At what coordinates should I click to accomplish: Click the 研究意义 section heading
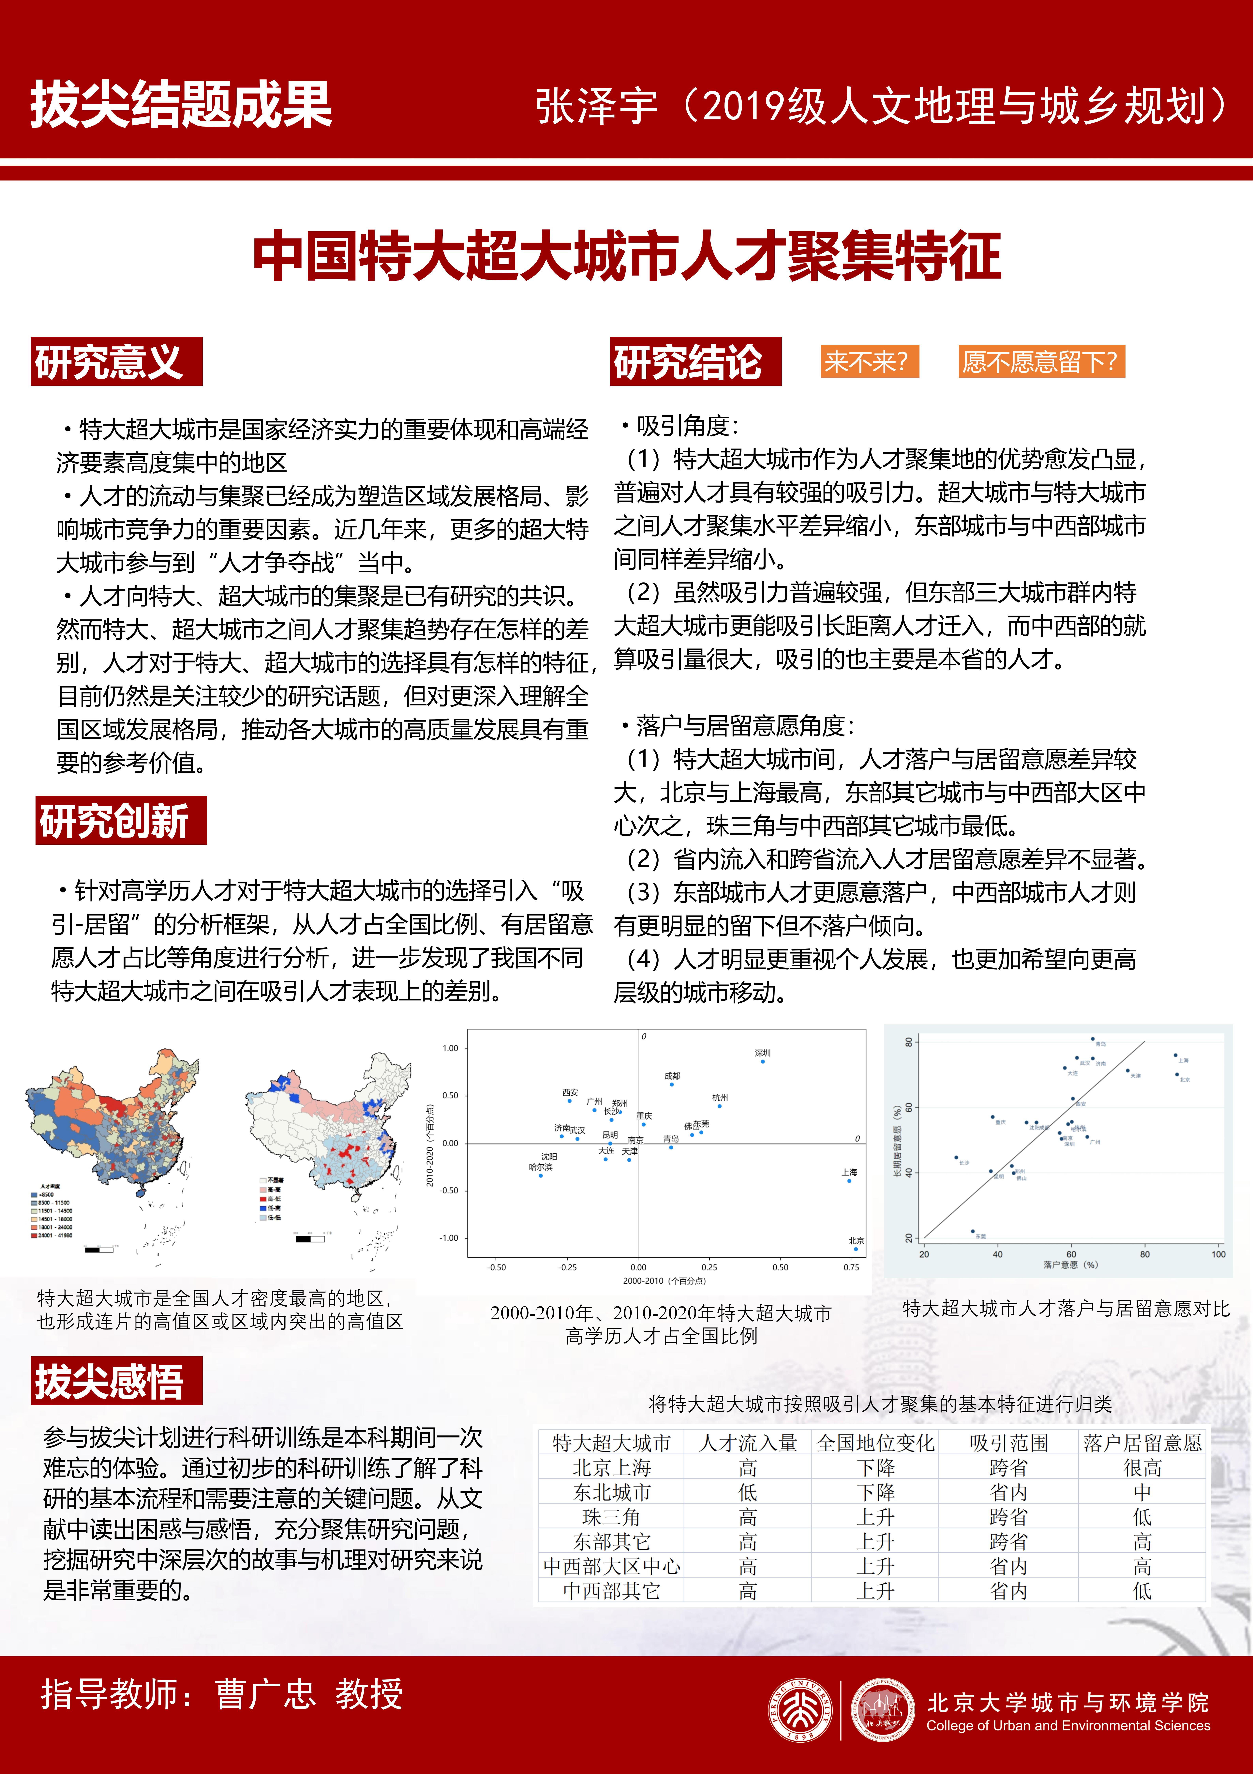(116, 362)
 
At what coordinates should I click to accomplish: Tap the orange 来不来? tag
(869, 362)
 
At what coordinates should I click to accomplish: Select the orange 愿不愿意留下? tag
(1041, 362)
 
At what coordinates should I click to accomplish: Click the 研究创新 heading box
(121, 821)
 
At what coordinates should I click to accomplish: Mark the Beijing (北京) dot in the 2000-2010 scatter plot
(855, 1249)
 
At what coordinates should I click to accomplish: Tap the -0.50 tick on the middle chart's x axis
(497, 1267)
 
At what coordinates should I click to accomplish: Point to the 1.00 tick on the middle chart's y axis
(450, 1049)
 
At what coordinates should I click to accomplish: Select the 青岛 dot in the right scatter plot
(1093, 1039)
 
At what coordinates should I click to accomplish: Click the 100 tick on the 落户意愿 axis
(1218, 1254)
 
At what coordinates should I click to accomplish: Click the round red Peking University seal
(800, 1711)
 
